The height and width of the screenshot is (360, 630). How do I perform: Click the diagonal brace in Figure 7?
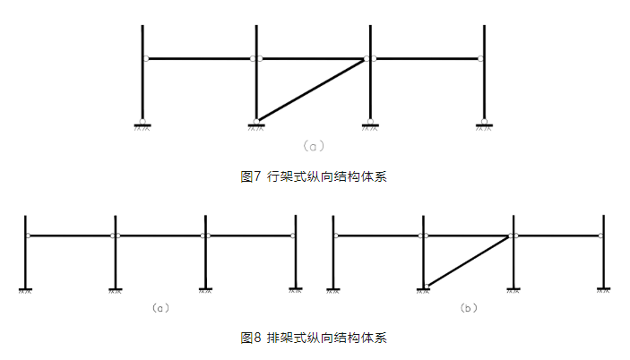[x=312, y=90]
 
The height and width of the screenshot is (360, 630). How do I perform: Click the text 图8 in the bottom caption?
[x=250, y=338]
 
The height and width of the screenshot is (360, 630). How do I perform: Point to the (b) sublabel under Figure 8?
[x=468, y=308]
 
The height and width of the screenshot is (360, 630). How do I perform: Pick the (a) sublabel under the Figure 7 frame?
[x=313, y=144]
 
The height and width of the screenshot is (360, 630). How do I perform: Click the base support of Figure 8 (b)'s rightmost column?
[x=604, y=289]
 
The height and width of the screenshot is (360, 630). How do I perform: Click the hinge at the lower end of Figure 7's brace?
[x=257, y=121]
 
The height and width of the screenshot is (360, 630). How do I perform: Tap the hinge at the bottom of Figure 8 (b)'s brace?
[x=426, y=286]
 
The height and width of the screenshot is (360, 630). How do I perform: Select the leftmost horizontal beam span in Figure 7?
[x=200, y=59]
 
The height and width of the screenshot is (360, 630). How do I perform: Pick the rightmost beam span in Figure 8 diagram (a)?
[x=251, y=236]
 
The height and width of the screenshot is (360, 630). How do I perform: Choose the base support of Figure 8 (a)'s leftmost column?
[x=26, y=289]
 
